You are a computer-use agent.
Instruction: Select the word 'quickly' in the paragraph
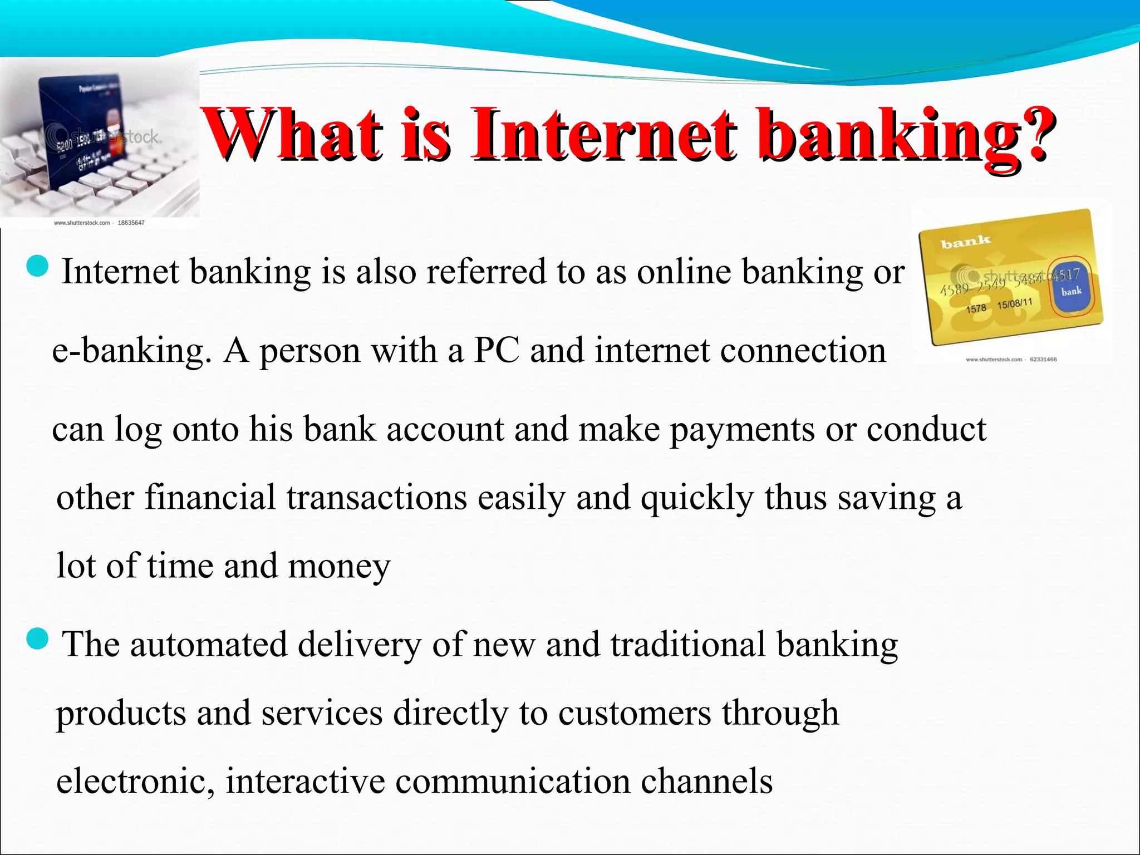click(697, 498)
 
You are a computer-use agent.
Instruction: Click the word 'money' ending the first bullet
click(340, 567)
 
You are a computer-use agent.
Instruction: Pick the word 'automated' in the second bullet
click(209, 645)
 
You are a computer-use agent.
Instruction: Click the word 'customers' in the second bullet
click(635, 714)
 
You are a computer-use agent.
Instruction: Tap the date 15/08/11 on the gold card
click(1014, 304)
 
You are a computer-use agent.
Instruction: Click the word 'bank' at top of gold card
click(965, 242)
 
